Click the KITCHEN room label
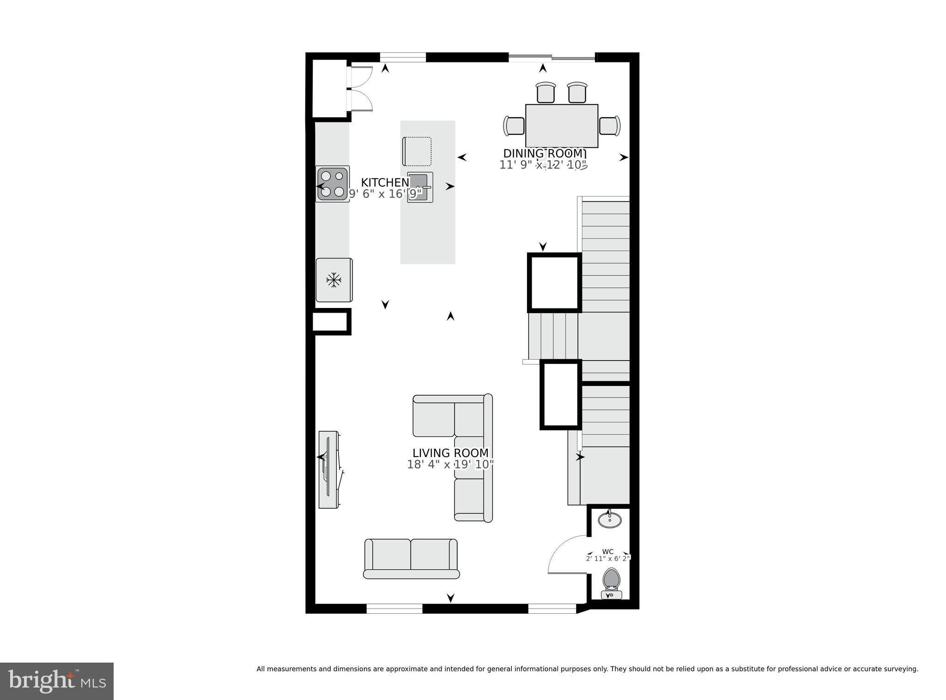(x=385, y=182)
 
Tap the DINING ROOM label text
(x=544, y=154)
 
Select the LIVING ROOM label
(x=450, y=453)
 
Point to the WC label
(x=608, y=552)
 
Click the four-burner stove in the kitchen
(x=333, y=184)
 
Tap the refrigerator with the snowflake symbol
(x=334, y=280)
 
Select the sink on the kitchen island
(x=420, y=187)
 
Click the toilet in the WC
(x=612, y=583)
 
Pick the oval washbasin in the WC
(x=610, y=520)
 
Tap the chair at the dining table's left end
(x=514, y=126)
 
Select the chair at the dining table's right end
(x=609, y=126)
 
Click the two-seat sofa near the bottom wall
(x=411, y=559)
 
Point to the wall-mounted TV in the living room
(x=329, y=470)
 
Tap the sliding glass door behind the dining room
(x=552, y=58)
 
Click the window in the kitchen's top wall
(x=402, y=57)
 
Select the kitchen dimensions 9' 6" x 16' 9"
(x=385, y=194)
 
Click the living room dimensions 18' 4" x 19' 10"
(x=450, y=465)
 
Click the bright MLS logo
(x=56, y=682)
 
